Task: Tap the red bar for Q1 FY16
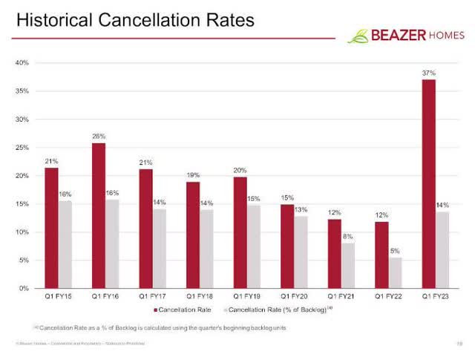[98, 215]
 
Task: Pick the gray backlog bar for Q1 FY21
[348, 265]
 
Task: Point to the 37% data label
[429, 73]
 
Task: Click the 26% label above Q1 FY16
[99, 137]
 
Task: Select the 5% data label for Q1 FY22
[396, 251]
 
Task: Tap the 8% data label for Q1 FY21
[347, 237]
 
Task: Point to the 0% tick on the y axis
[24, 288]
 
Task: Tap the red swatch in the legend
[156, 310]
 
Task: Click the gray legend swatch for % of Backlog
[224, 310]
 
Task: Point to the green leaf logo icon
[358, 35]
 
